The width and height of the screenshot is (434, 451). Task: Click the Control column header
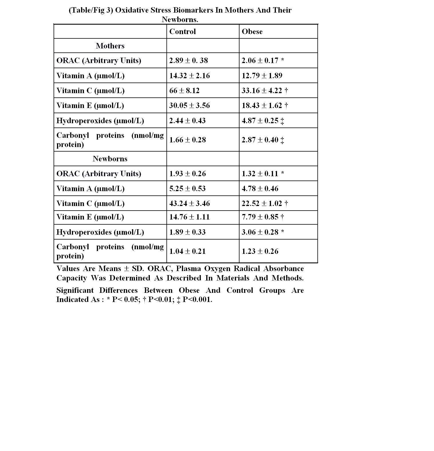pyautogui.click(x=182, y=32)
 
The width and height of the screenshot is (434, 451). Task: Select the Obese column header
pyautogui.click(x=252, y=32)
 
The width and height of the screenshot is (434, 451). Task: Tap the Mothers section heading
pyautogui.click(x=110, y=46)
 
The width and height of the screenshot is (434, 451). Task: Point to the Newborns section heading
pyautogui.click(x=110, y=159)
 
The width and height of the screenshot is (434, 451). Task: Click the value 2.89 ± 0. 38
pyautogui.click(x=188, y=60)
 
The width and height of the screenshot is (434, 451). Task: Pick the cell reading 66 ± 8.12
pyautogui.click(x=184, y=91)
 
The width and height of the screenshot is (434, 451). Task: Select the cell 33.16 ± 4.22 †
pyautogui.click(x=265, y=91)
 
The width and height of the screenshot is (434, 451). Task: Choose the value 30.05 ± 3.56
pyautogui.click(x=189, y=105)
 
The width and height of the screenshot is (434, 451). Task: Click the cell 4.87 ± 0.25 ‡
pyautogui.click(x=263, y=121)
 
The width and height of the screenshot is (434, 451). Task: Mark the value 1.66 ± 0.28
pyautogui.click(x=187, y=140)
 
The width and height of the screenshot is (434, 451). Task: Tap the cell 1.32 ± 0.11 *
pyautogui.click(x=263, y=174)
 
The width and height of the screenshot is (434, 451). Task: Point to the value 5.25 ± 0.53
pyautogui.click(x=187, y=189)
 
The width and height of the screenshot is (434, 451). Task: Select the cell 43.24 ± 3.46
pyautogui.click(x=189, y=203)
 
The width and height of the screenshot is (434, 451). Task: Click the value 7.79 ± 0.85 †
pyautogui.click(x=263, y=217)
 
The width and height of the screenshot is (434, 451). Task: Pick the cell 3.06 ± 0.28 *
pyautogui.click(x=263, y=232)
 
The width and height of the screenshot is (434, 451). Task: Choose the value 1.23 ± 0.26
pyautogui.click(x=260, y=251)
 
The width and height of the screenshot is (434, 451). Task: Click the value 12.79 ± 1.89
pyautogui.click(x=262, y=76)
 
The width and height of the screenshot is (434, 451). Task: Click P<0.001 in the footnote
pyautogui.click(x=197, y=299)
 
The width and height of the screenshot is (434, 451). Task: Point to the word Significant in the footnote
pyautogui.click(x=75, y=290)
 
